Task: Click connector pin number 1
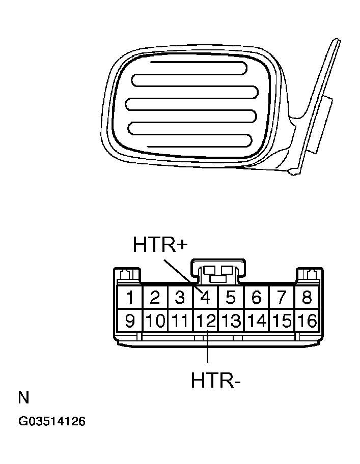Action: (x=131, y=297)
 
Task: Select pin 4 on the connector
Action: (x=206, y=297)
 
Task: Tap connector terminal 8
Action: (x=307, y=297)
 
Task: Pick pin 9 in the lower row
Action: (x=130, y=321)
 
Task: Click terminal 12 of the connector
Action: (x=206, y=321)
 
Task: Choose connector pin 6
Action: (x=257, y=297)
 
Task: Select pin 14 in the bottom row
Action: (x=257, y=321)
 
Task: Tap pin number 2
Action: (x=156, y=297)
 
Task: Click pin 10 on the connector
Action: (x=156, y=321)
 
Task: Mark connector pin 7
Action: (x=282, y=297)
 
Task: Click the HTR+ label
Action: (x=160, y=245)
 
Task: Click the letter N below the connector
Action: (x=23, y=397)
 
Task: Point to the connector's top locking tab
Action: (x=218, y=272)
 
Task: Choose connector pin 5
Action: (x=231, y=297)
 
